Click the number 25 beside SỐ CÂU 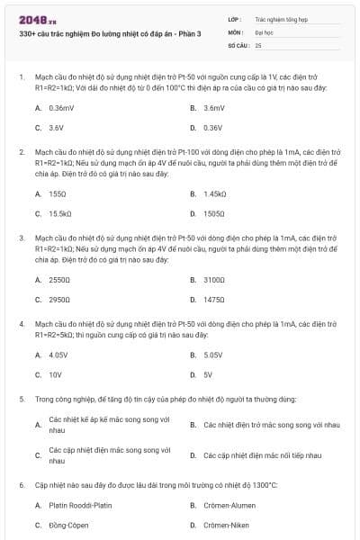coord(258,44)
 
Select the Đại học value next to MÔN coord(264,31)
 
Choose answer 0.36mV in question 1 coord(61,107)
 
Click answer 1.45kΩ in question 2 coord(214,193)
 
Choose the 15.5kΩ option coord(60,213)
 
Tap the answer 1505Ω coord(214,213)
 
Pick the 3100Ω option coord(214,280)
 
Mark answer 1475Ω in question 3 coord(214,300)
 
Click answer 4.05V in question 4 coord(58,355)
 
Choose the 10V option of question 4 coord(55,374)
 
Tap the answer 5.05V coord(213,355)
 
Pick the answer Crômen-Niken coord(226,525)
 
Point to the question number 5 coord(22,398)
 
